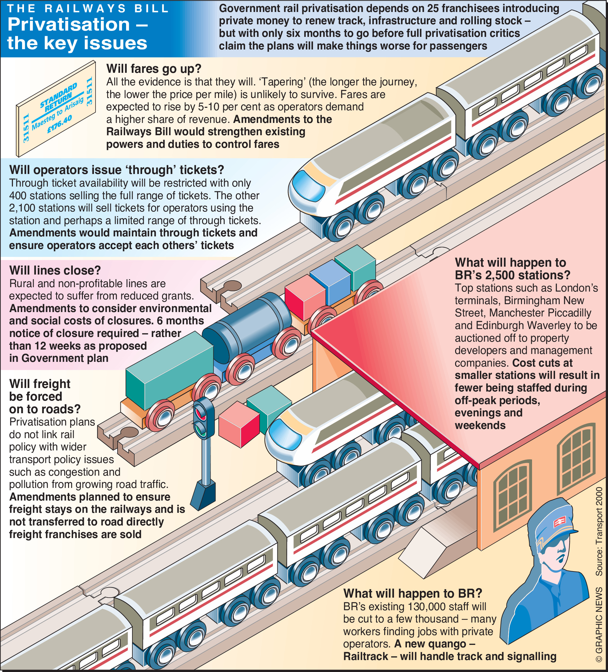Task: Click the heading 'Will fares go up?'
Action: click(x=154, y=69)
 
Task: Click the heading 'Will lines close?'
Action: click(x=55, y=270)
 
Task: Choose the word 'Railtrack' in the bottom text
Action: click(x=365, y=656)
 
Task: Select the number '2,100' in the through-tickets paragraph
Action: click(x=22, y=208)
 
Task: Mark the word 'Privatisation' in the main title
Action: click(x=69, y=25)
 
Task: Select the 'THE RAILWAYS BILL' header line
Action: click(x=88, y=9)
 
